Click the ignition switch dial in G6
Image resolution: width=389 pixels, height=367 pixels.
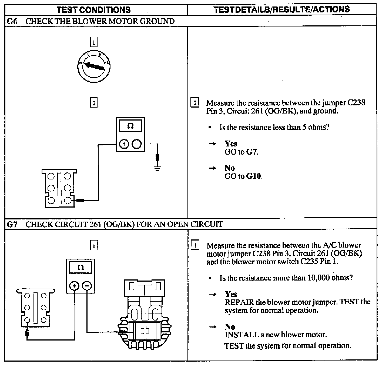point(93,66)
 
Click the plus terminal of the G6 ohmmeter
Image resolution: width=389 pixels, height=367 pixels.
point(124,144)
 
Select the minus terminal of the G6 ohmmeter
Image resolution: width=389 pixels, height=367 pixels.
point(136,144)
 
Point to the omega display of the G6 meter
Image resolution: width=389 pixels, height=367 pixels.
point(130,126)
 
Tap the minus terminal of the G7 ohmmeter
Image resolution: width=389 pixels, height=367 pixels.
point(87,286)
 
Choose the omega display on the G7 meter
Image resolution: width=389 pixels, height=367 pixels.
point(81,268)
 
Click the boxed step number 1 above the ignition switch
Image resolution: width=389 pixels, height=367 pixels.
point(93,42)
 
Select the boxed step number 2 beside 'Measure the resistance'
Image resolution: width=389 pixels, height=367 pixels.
point(195,103)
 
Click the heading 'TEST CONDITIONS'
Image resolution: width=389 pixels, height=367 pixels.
point(93,10)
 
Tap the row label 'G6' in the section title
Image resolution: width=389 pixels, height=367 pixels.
point(12,21)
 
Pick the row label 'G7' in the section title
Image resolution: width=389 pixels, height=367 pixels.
point(12,224)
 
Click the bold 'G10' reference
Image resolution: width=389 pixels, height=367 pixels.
point(254,176)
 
